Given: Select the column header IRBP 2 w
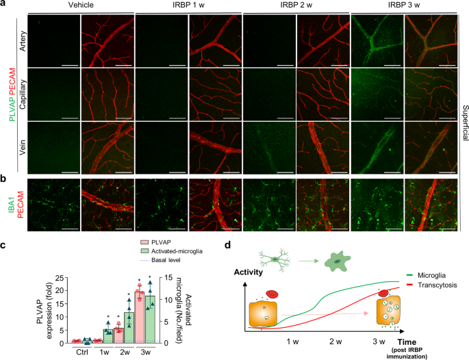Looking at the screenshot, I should coord(296,5).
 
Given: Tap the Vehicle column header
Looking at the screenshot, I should coord(81,5).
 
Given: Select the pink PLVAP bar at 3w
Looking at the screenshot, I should coord(139,318).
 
